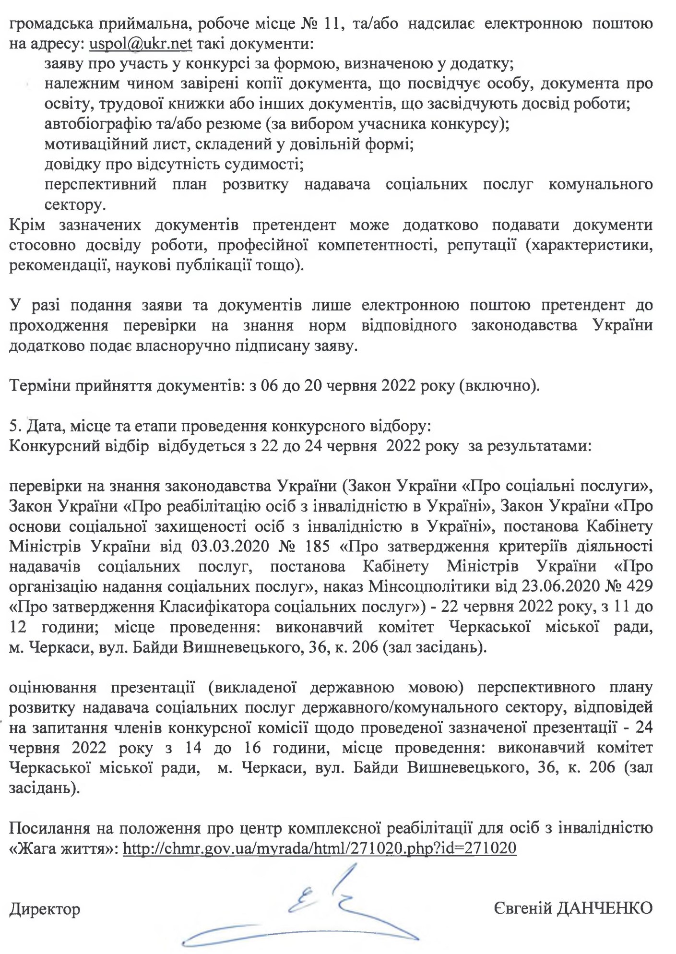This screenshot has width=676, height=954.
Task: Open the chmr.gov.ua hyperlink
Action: click(x=320, y=848)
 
